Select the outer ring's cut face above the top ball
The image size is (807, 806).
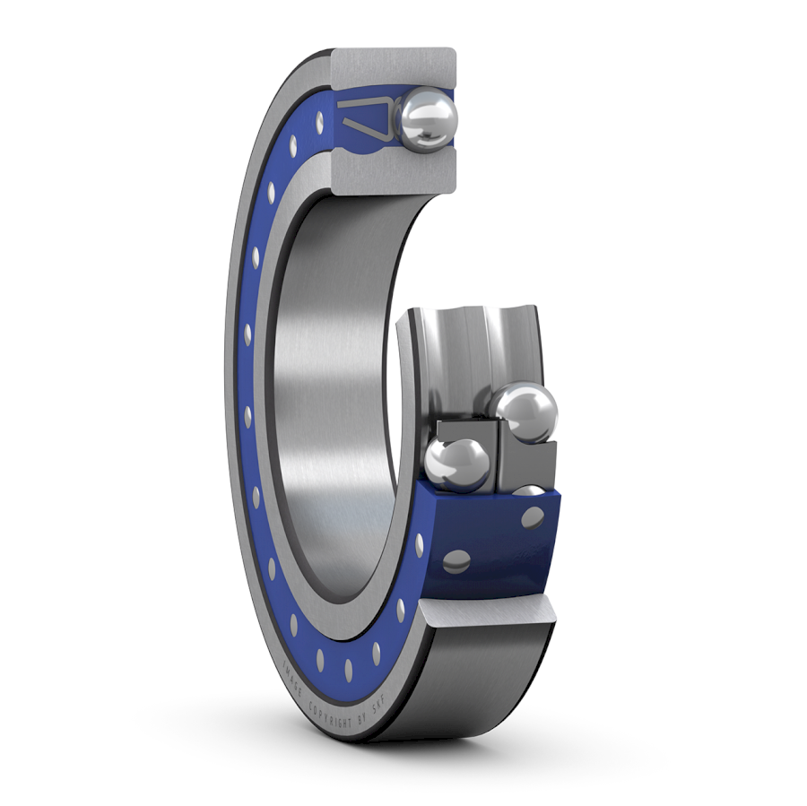tap(394, 68)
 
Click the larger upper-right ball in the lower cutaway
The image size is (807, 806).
tap(526, 412)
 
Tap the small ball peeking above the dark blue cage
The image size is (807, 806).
tap(531, 490)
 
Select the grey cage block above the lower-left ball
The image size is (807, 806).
tap(466, 429)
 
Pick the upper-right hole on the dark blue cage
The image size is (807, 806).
tap(532, 518)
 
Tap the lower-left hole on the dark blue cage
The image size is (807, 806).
tap(456, 561)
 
